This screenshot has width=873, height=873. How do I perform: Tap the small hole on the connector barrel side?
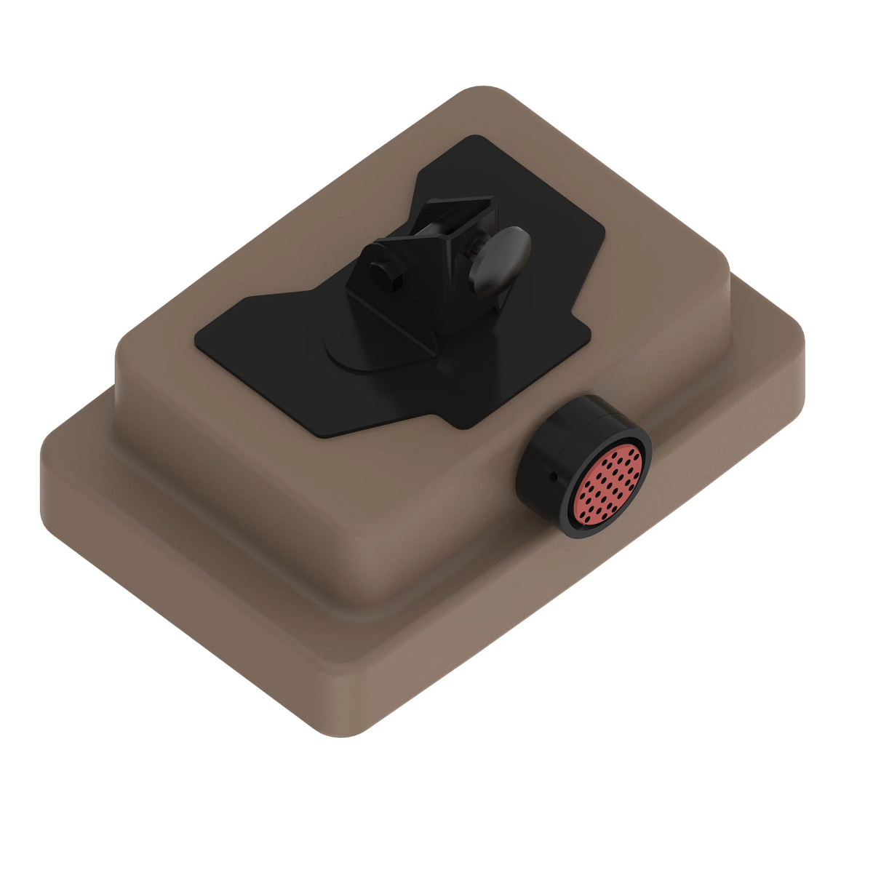tap(553, 477)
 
